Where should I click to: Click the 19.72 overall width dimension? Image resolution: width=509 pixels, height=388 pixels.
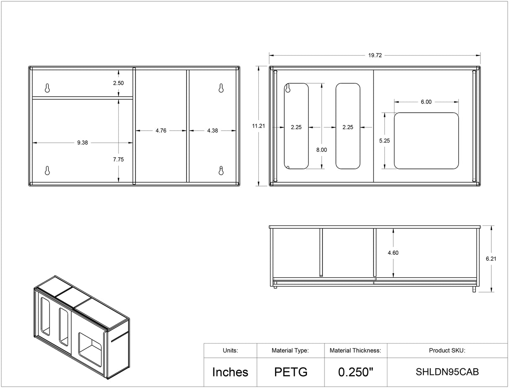pos(375,55)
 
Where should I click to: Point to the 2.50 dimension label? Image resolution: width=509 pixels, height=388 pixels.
pos(118,83)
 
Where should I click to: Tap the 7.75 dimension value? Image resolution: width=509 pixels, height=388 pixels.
pos(118,159)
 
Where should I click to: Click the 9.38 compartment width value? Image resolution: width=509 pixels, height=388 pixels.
pos(83,142)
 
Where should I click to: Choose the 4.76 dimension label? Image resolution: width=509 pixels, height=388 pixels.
pos(161,130)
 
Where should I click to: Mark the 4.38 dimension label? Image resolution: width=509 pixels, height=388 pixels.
pos(213,130)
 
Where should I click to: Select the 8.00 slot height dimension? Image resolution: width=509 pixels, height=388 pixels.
pos(322,150)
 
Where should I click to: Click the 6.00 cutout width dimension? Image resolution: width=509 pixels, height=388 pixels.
pos(426,102)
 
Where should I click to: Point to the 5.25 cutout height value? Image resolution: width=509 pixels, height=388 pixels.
pos(384,141)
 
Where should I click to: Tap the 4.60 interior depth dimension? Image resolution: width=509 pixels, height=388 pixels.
pos(393,253)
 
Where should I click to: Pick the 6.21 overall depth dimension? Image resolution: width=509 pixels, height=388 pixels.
pos(491,259)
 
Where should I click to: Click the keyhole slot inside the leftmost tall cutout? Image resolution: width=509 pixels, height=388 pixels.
pos(288,88)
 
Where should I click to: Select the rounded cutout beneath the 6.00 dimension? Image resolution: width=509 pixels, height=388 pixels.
pos(426,141)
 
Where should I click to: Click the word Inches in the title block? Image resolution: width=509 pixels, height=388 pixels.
pos(230,372)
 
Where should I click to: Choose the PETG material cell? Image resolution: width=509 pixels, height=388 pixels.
pos(291,372)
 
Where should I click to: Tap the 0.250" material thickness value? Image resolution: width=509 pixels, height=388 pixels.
pos(356,372)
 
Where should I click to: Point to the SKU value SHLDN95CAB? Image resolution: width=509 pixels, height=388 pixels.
pos(447,372)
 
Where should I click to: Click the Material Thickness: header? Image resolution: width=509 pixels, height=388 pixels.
pos(355,350)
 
